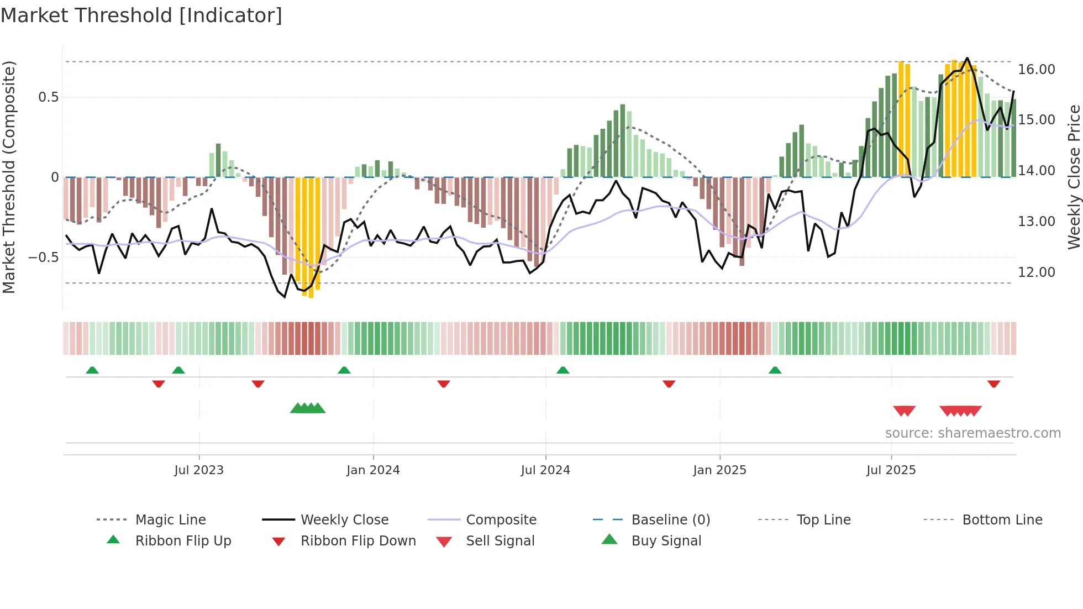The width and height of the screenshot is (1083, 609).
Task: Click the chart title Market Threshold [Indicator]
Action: coord(141,15)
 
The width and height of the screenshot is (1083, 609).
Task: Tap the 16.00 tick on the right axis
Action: coord(1036,70)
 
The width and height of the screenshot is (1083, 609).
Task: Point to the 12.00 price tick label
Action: coord(1036,272)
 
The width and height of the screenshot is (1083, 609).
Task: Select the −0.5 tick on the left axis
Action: coord(44,258)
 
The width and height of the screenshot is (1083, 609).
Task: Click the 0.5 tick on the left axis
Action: coord(48,97)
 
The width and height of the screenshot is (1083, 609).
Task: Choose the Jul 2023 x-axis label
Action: coord(199,470)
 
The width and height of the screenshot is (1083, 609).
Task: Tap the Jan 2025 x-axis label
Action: coord(719,470)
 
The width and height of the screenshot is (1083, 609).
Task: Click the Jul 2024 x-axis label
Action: coord(545,470)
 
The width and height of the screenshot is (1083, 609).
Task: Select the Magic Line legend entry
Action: coord(170,520)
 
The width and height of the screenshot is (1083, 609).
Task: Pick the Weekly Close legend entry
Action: coord(344,520)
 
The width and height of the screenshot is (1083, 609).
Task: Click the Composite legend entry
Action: coord(501,520)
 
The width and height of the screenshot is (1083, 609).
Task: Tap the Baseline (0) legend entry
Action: coord(670,520)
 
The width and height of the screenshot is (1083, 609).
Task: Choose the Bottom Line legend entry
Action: coord(1002,520)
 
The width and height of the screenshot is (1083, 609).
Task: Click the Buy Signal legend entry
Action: coord(666,541)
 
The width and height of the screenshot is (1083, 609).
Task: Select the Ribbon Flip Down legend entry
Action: coord(358,541)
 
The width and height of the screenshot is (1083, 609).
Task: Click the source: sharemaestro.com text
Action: coord(972,433)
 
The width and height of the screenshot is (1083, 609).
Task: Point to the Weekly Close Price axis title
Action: coord(1074,177)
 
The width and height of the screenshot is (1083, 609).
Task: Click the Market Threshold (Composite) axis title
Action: coord(9,177)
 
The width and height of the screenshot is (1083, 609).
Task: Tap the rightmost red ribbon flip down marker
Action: coord(993,384)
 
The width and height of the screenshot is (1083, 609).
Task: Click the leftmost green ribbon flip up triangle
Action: coord(92,370)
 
